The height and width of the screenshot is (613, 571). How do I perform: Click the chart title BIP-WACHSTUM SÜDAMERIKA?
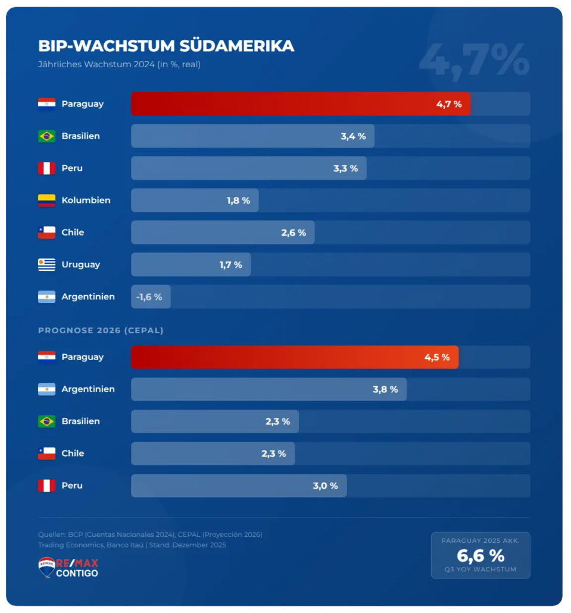[166, 46]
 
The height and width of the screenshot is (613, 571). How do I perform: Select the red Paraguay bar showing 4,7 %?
[301, 104]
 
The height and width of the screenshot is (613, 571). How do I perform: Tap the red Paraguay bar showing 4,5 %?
[295, 357]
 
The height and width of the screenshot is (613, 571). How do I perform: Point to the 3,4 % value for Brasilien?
[353, 136]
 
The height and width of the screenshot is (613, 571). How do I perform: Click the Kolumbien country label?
[86, 201]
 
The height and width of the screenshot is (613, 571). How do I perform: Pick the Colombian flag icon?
[46, 201]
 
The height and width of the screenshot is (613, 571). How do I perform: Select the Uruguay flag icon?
[46, 265]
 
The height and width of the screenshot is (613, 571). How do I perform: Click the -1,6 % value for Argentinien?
[149, 297]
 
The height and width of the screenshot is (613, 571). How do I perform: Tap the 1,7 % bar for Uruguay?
[191, 265]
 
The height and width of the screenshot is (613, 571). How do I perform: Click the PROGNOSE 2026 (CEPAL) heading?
[101, 330]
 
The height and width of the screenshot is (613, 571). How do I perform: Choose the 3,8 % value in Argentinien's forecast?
[385, 389]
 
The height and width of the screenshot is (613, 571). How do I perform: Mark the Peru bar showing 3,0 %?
[239, 486]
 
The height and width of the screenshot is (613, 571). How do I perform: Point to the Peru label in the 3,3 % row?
[72, 168]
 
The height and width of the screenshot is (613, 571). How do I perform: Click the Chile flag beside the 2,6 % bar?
[46, 233]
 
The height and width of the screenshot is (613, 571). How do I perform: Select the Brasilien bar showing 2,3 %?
[214, 421]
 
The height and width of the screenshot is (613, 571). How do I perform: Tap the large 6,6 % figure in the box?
[480, 556]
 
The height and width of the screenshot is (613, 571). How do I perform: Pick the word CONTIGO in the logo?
[77, 573]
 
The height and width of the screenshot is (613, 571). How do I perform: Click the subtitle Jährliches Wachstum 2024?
[119, 64]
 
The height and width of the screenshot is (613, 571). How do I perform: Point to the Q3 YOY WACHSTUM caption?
[480, 570]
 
